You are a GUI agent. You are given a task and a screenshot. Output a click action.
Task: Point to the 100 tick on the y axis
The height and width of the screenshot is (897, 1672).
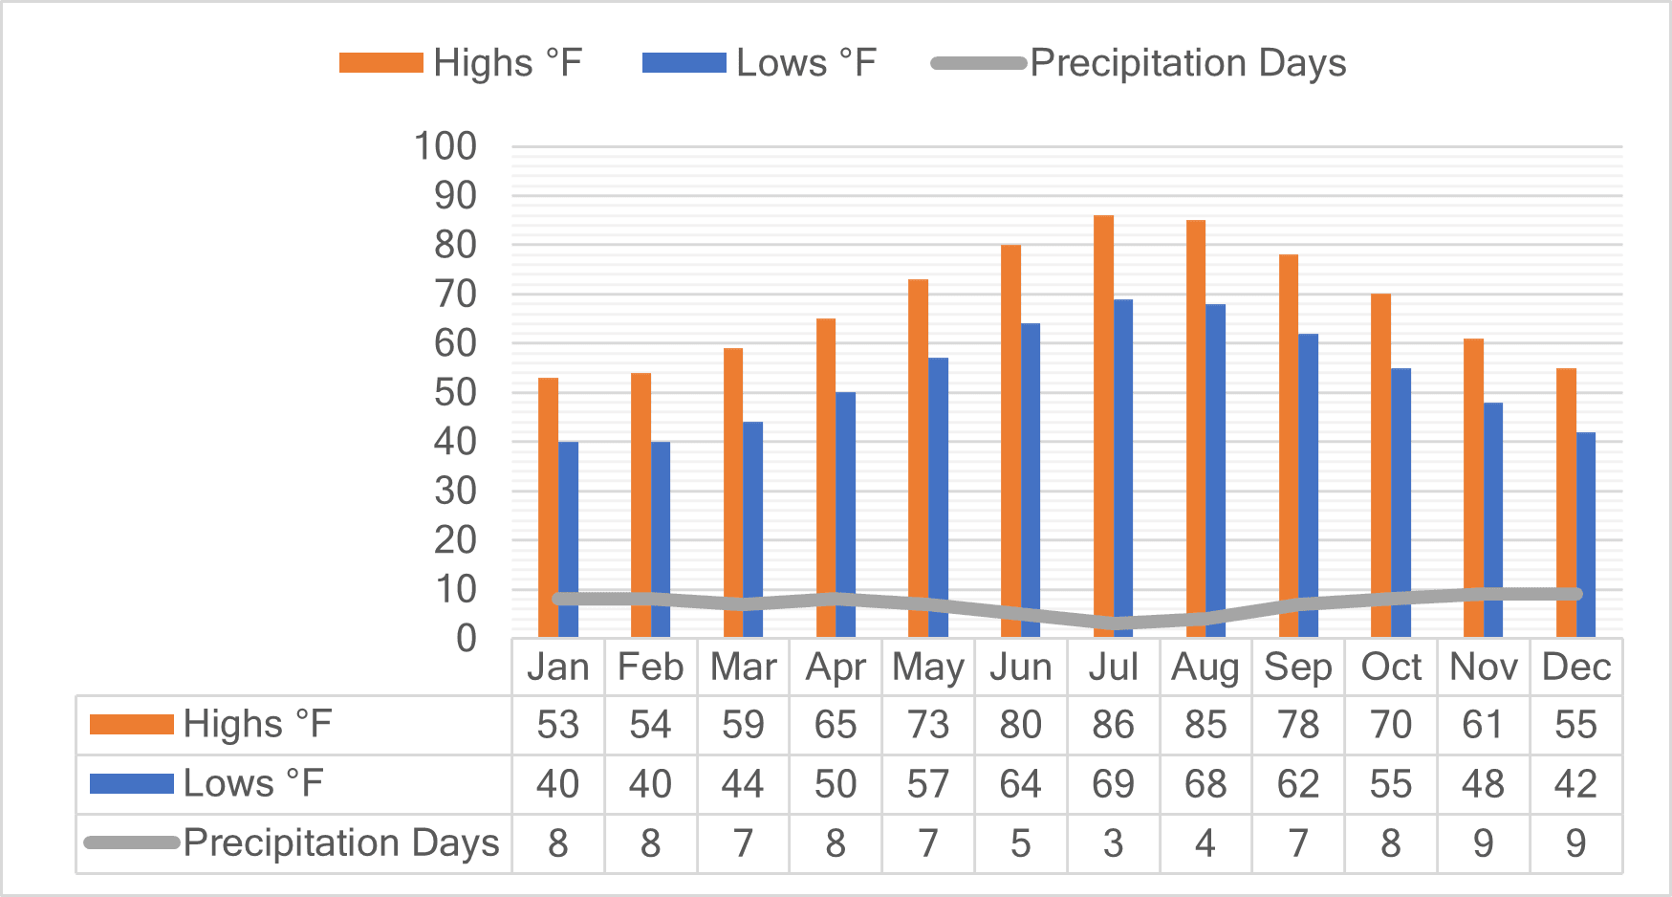(x=445, y=147)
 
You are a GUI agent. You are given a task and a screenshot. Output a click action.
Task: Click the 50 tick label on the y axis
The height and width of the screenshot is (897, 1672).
(x=454, y=393)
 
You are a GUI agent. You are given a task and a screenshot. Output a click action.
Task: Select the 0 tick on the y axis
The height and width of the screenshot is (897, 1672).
(x=466, y=639)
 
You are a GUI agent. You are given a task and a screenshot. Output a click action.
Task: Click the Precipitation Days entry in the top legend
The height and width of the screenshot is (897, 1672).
(x=1187, y=63)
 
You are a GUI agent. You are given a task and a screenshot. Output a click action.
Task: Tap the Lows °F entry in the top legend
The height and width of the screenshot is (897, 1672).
(x=805, y=63)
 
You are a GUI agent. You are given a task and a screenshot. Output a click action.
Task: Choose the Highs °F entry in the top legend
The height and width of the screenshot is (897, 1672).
(x=507, y=63)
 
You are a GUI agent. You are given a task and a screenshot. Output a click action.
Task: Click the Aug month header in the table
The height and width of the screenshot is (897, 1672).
(x=1205, y=667)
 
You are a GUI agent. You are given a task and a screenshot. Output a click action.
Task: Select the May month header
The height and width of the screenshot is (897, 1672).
(x=928, y=667)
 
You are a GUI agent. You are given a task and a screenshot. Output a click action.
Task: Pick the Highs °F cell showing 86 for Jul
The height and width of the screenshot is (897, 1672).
(x=1113, y=725)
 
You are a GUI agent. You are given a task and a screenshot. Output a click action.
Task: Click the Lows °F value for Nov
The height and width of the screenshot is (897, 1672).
(x=1483, y=784)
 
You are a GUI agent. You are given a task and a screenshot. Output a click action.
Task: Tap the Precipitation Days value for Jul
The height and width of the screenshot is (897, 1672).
(x=1113, y=843)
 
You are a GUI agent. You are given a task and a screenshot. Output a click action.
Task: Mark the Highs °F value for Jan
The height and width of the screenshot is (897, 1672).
(x=557, y=725)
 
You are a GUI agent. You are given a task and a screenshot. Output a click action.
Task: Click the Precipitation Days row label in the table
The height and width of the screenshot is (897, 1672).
(x=340, y=843)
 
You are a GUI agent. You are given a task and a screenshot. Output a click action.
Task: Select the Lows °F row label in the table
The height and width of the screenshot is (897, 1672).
(x=253, y=784)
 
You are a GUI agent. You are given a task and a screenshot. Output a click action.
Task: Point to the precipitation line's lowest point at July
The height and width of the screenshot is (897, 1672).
(x=1113, y=624)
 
